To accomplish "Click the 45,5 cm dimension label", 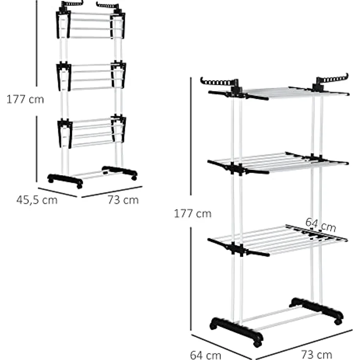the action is pyautogui.click(x=37, y=200).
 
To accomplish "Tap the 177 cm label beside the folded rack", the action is pyautogui.click(x=25, y=99).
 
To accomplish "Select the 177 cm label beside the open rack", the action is pyautogui.click(x=193, y=214).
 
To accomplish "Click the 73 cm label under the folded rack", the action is pyautogui.click(x=123, y=200).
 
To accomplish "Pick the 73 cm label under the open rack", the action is pyautogui.click(x=316, y=354).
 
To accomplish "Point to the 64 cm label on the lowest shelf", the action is pyautogui.click(x=321, y=225).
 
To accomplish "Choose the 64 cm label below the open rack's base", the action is pyautogui.click(x=206, y=355).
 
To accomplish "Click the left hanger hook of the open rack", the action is pyautogui.click(x=219, y=83).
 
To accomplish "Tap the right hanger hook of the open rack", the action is pyautogui.click(x=332, y=80).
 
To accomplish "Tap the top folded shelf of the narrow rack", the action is pyautogui.click(x=90, y=25).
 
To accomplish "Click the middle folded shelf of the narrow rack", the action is pyautogui.click(x=91, y=76).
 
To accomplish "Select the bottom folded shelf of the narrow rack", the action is pyautogui.click(x=91, y=132).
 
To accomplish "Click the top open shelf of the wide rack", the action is pyautogui.click(x=278, y=93).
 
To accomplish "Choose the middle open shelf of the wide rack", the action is pyautogui.click(x=278, y=162).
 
